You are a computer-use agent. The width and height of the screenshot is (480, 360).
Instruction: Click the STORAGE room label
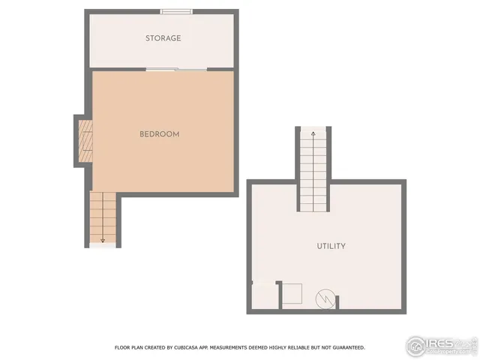click(x=163, y=38)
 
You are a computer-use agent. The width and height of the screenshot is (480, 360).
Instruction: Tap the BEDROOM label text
click(x=159, y=134)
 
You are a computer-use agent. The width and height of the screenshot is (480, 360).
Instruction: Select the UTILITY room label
click(x=331, y=246)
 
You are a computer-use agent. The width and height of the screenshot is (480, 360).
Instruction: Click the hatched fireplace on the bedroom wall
click(x=86, y=140)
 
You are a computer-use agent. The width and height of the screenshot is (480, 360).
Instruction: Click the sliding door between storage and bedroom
click(x=176, y=70)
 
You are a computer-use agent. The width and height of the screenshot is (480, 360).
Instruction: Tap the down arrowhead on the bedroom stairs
click(x=103, y=241)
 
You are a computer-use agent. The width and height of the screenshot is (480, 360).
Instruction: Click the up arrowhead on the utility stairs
click(x=313, y=133)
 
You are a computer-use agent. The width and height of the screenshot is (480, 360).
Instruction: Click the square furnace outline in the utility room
click(x=291, y=294)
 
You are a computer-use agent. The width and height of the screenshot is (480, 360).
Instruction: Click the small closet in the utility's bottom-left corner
click(x=263, y=295)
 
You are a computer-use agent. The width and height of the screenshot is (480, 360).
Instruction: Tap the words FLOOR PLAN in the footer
click(x=129, y=348)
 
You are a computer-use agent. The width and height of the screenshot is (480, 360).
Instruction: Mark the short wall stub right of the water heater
click(x=337, y=301)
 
